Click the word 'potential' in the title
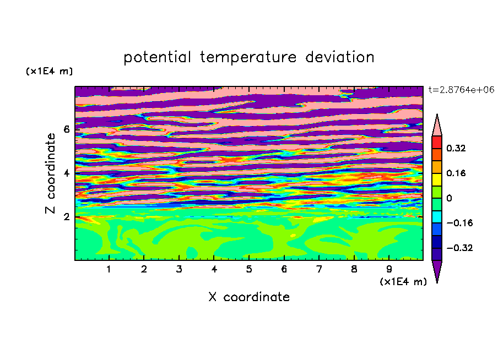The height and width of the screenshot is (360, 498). (x=157, y=58)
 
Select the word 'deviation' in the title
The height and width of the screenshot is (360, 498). (x=339, y=57)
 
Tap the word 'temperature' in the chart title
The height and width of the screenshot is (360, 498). (x=248, y=58)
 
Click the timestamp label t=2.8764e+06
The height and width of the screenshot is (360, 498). (x=461, y=90)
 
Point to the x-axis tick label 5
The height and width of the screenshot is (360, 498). (x=249, y=269)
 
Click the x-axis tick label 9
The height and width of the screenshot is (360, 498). (x=389, y=269)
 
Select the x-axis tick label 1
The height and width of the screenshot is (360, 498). (x=109, y=269)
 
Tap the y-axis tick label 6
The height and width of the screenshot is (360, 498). (x=67, y=129)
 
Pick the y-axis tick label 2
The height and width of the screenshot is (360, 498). (x=67, y=217)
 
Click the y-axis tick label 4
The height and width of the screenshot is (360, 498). (x=67, y=173)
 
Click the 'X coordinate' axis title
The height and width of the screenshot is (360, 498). (x=249, y=297)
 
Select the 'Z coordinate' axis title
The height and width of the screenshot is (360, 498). (x=51, y=173)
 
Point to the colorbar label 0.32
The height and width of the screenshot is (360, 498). (x=456, y=148)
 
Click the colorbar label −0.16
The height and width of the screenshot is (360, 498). (x=459, y=223)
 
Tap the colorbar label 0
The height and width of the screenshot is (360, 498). (x=449, y=198)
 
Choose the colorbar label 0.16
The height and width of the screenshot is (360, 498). (x=456, y=173)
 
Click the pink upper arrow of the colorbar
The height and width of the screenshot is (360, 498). (x=437, y=127)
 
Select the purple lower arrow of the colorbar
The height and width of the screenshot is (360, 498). (x=437, y=270)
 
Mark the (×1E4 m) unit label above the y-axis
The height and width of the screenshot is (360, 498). (x=49, y=71)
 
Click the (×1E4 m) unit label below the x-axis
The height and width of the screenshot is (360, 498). (x=403, y=282)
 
